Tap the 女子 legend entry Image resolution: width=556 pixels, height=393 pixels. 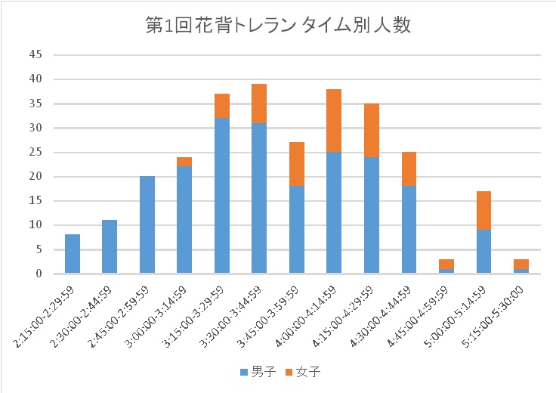(x=303, y=373)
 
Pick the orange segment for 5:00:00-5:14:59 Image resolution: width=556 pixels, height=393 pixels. (x=483, y=210)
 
